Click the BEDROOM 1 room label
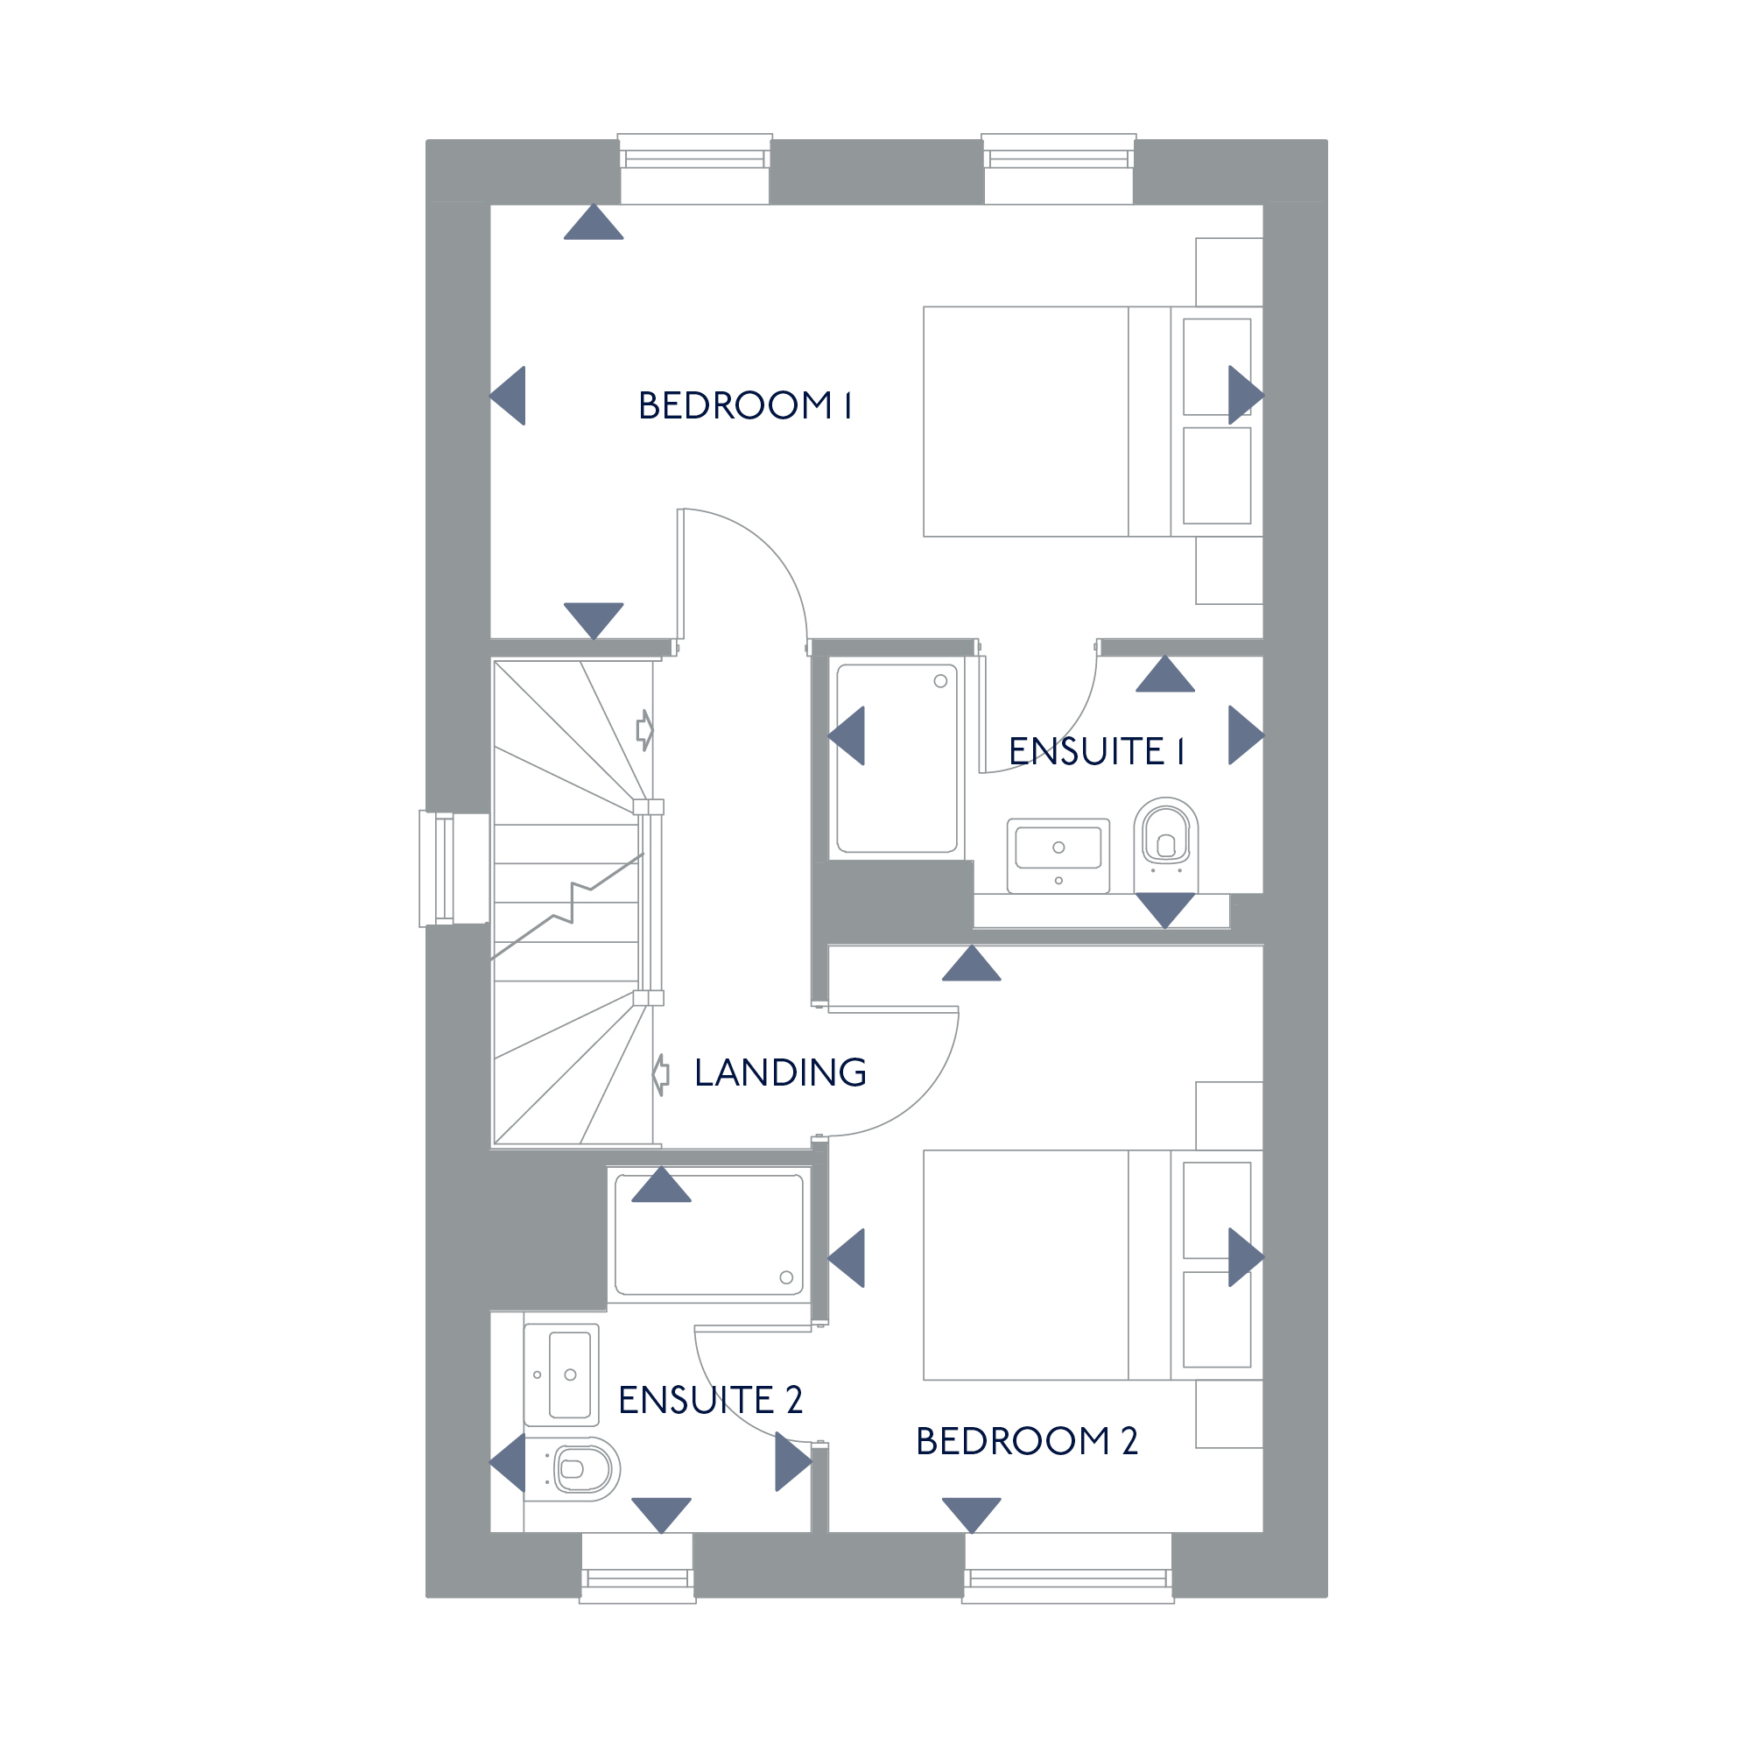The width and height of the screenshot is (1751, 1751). [744, 405]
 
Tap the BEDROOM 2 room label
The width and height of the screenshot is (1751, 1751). [1026, 1440]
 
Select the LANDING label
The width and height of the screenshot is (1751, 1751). [780, 1072]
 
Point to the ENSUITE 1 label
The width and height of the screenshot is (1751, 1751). [1096, 751]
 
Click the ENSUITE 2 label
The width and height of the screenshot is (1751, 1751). [711, 1399]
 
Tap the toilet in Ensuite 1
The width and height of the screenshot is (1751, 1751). [1165, 846]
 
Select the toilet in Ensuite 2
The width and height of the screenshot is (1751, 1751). [572, 1468]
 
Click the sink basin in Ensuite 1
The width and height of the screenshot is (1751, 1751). [1058, 855]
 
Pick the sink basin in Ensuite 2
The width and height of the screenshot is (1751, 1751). [562, 1375]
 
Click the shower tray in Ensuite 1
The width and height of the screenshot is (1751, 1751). [897, 758]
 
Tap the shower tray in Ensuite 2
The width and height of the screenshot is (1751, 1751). [709, 1234]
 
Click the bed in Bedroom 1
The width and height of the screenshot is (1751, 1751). [1093, 421]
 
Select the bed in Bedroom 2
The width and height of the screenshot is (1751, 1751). [1093, 1265]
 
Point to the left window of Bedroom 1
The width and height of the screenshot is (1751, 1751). [695, 169]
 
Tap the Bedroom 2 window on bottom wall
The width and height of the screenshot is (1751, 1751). [1068, 1568]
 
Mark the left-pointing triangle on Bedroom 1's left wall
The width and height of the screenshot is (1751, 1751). [508, 395]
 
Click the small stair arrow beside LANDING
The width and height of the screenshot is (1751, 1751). [662, 1075]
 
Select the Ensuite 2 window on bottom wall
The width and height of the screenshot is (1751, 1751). [638, 1568]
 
